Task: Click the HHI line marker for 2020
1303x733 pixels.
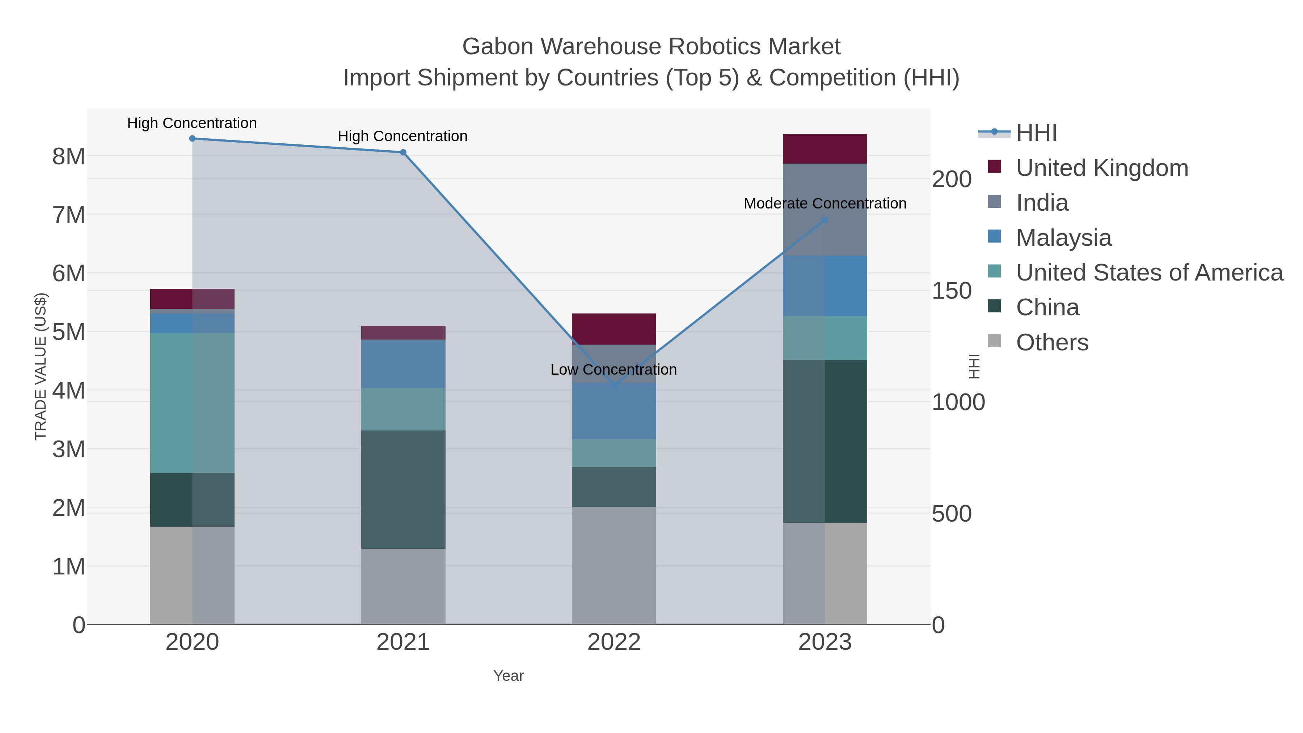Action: tap(192, 139)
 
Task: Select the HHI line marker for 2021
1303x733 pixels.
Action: tap(403, 152)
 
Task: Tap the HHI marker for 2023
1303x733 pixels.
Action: tap(825, 220)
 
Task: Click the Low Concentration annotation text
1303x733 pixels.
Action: tap(613, 370)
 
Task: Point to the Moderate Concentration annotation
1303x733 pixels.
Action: tap(825, 203)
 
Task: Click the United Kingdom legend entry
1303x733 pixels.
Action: tap(1102, 168)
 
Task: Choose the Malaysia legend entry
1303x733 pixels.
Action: tap(1063, 238)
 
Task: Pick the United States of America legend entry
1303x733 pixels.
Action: tap(1149, 273)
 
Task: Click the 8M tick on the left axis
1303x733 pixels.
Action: tap(69, 156)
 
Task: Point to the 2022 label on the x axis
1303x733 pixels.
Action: tap(613, 643)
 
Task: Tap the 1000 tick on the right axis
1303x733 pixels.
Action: tap(958, 403)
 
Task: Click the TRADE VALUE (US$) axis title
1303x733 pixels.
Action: tap(41, 366)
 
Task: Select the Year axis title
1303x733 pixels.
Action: tap(509, 676)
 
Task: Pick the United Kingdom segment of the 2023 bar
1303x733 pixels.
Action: tap(825, 149)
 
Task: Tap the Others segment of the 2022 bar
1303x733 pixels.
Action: tap(613, 565)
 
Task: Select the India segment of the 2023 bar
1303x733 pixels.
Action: tap(825, 210)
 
